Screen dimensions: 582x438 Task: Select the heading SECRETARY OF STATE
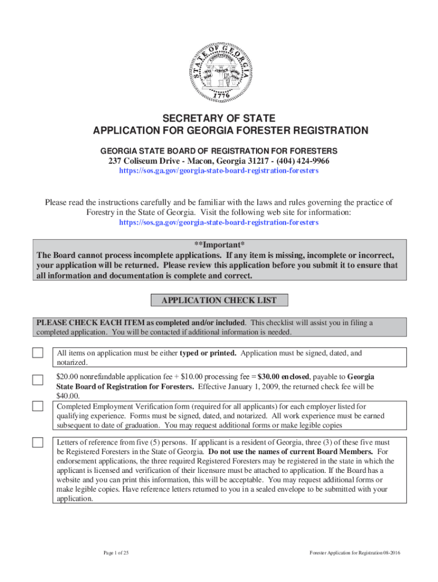tap(219, 118)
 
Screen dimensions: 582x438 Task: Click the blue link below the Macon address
tap(219, 171)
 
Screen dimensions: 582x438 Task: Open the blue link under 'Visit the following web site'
tap(219, 222)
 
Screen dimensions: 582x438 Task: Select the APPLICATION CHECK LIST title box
tap(219, 300)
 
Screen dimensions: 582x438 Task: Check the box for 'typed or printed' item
tap(38, 354)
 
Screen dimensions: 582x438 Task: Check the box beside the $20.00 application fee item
tap(38, 379)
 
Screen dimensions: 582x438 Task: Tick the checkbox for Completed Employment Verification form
tap(38, 406)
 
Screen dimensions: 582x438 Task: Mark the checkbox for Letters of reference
tap(38, 442)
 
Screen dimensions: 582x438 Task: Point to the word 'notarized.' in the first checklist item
tap(72, 362)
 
